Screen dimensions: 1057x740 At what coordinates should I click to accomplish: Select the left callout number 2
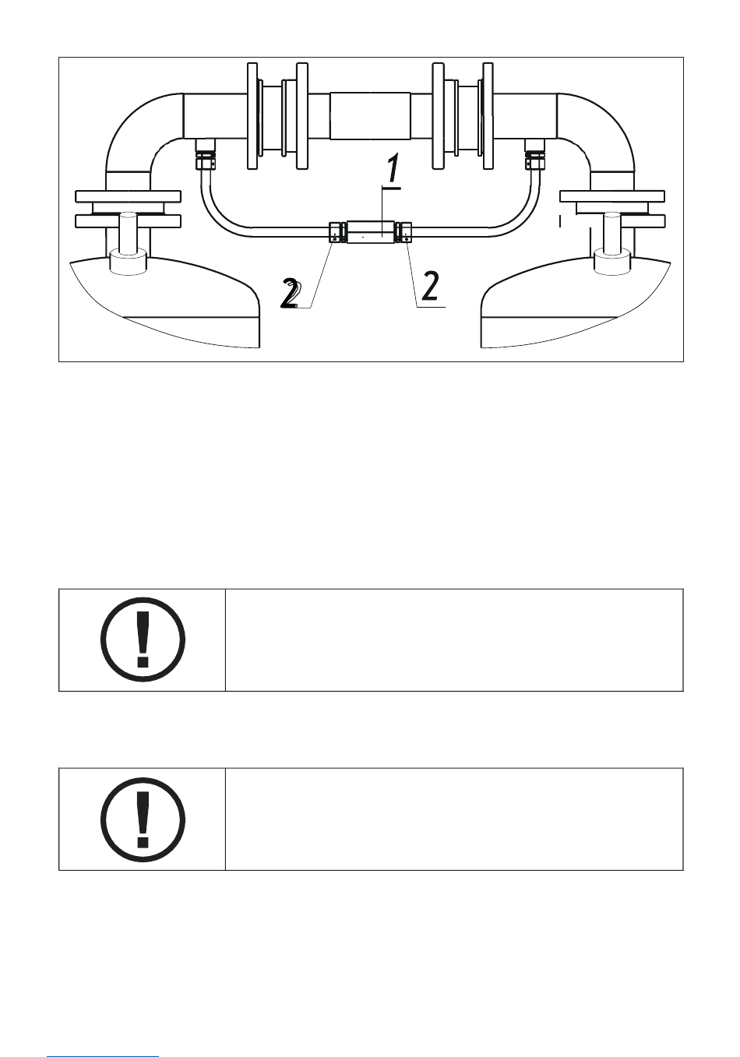coord(291,295)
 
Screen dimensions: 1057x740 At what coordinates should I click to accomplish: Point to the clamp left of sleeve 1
coord(337,233)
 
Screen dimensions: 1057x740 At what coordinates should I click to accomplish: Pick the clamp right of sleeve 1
coord(403,232)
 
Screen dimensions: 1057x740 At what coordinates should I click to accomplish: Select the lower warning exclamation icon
coord(143,819)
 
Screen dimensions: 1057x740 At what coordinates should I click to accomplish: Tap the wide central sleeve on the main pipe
coord(370,115)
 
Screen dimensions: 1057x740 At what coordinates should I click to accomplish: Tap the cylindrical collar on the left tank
coord(127,260)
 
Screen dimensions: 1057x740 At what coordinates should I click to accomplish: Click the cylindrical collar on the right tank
coord(611,260)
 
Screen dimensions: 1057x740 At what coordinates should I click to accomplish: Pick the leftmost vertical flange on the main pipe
coord(252,115)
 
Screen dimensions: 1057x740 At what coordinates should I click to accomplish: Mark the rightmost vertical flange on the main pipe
coord(488,115)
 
